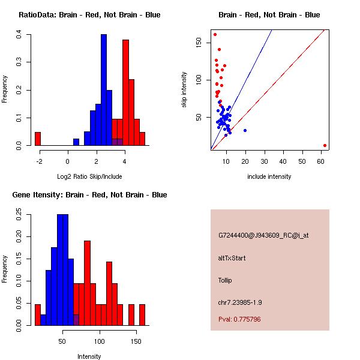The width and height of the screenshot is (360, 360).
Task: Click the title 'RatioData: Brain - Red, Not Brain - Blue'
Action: [89, 14]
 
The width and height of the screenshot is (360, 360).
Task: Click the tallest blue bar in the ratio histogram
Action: [103, 90]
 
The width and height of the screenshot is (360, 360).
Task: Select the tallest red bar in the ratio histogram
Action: [125, 92]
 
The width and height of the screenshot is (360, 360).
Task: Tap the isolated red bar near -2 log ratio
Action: [38, 139]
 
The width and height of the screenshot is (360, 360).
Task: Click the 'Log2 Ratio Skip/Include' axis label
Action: [89, 176]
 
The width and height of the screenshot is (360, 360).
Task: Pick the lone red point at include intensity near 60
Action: [325, 145]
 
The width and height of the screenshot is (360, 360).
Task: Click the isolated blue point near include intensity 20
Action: [245, 130]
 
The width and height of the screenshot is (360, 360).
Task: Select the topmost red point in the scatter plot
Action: [215, 34]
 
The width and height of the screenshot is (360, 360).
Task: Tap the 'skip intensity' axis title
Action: [184, 90]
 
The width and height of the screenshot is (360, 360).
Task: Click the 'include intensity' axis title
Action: [269, 176]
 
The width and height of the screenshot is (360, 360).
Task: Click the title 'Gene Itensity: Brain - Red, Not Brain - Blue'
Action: [89, 195]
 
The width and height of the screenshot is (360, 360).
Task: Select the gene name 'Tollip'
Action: [225, 280]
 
